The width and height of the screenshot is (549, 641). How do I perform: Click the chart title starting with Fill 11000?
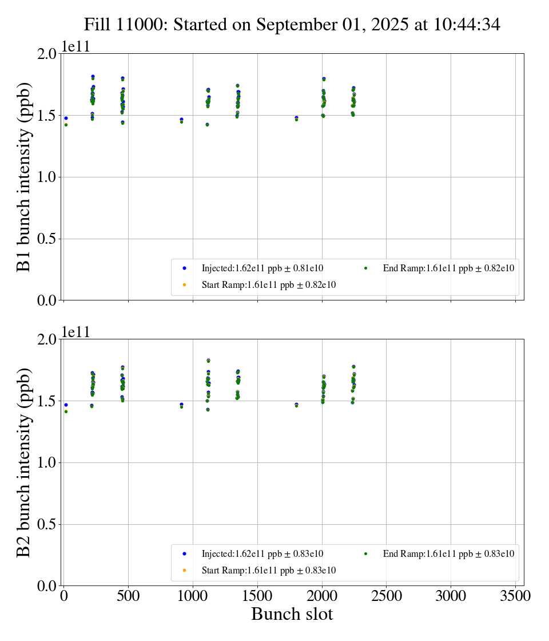292,25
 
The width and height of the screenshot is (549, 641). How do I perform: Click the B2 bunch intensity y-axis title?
24,462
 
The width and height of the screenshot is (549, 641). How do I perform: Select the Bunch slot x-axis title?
292,615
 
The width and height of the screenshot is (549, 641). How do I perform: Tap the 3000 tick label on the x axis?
451,596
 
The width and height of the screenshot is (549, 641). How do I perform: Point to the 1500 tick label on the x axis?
257,596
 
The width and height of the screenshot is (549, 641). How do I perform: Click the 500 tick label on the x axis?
128,596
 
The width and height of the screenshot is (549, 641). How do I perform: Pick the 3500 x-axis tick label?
516,596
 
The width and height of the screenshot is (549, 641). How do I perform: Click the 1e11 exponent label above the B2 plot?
76,333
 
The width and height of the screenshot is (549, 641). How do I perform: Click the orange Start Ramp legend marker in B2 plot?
185,571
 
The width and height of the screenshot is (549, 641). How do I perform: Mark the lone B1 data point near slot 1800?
296,118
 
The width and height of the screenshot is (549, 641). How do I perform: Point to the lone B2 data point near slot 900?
181,405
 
